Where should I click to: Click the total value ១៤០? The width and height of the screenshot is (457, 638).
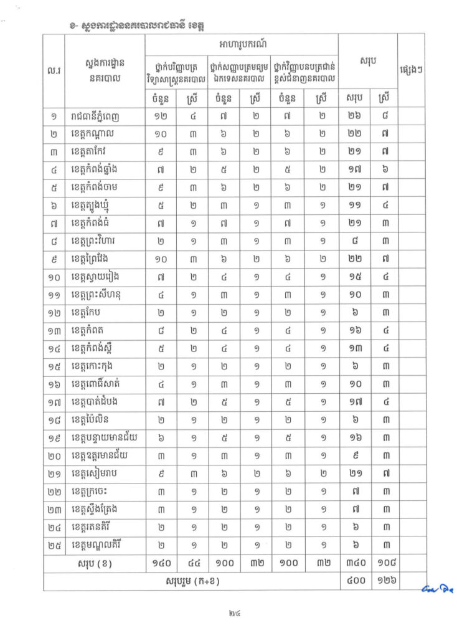[161, 565]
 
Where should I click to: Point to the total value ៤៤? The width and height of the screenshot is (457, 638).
[192, 565]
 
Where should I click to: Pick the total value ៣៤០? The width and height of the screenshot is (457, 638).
[354, 565]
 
